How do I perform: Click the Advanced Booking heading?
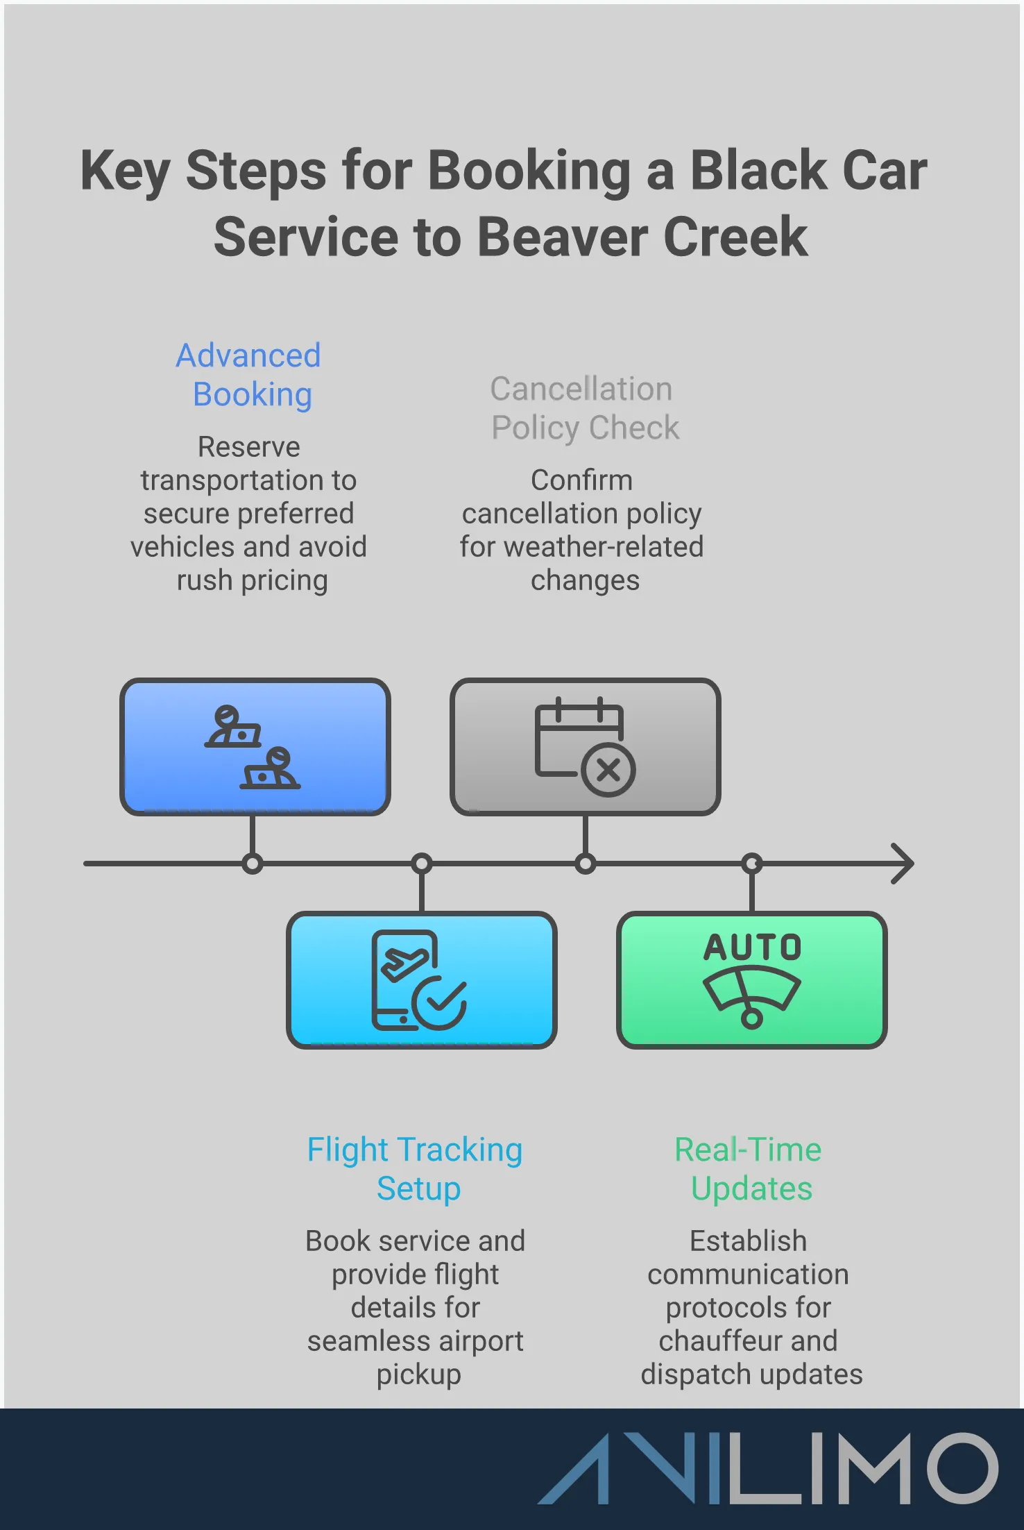[x=248, y=375]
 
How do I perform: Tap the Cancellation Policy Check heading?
[x=583, y=408]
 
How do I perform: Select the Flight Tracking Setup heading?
[x=416, y=1169]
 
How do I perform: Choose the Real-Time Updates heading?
[x=749, y=1169]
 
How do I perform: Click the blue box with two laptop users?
[x=255, y=747]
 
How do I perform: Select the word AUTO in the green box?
[x=753, y=948]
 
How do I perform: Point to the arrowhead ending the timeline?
[x=904, y=864]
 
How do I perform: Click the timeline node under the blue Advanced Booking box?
[x=253, y=864]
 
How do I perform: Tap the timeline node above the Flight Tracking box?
[x=422, y=864]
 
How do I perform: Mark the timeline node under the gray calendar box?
[x=586, y=864]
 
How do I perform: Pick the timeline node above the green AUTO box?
[x=752, y=864]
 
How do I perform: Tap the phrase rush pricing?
[x=252, y=580]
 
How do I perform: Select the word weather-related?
[x=604, y=547]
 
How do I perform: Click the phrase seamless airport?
[x=415, y=1341]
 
